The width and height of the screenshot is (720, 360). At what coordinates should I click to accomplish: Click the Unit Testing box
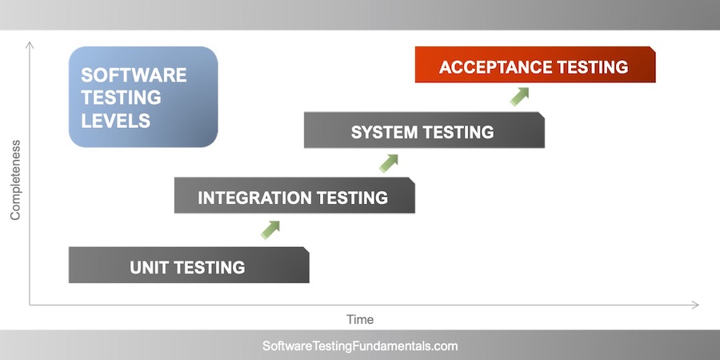189,266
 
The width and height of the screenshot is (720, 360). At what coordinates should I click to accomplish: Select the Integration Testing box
294,196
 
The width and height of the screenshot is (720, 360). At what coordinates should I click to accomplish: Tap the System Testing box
423,130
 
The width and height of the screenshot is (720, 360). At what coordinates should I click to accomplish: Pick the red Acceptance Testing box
534,66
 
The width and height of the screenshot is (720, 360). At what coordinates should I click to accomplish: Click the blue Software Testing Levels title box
143,97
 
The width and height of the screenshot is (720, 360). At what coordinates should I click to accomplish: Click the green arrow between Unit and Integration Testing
270,230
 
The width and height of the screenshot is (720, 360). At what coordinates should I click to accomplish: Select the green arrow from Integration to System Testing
389,162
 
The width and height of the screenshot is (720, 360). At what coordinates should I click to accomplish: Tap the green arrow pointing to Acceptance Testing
520,96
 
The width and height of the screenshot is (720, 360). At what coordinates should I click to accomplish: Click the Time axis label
360,319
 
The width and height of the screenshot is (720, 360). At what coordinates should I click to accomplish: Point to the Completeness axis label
14,180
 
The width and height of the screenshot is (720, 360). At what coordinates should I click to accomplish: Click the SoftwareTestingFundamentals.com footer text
360,346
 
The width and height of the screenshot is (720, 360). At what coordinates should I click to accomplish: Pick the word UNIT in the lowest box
150,267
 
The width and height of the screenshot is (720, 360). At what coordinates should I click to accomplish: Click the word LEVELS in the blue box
116,121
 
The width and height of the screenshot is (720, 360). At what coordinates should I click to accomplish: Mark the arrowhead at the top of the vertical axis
30,44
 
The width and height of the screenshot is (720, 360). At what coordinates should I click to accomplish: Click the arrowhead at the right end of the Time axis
695,305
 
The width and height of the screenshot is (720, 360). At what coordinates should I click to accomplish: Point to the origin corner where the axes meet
30,305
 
